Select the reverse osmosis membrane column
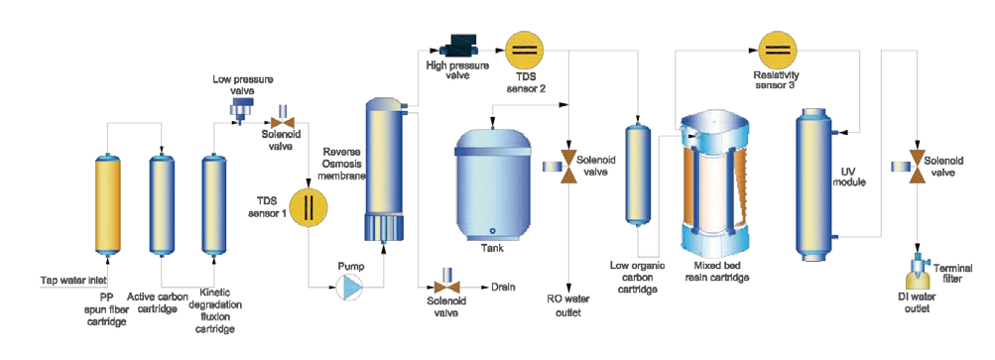tap(383, 171)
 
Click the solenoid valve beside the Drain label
tap(447, 282)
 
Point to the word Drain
tap(503, 287)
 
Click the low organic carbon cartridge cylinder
tap(639, 172)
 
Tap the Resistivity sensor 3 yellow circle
tap(779, 49)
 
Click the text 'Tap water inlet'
tap(73, 280)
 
